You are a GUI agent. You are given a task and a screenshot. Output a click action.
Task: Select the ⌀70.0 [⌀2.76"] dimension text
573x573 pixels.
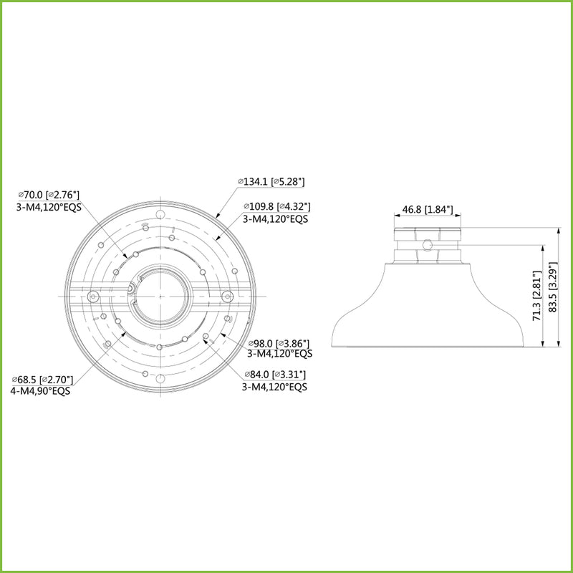click(x=49, y=194)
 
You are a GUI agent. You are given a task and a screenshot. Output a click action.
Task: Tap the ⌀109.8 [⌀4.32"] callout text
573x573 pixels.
click(x=276, y=207)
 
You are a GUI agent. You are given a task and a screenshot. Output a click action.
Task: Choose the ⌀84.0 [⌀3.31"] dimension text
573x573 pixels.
click(x=276, y=374)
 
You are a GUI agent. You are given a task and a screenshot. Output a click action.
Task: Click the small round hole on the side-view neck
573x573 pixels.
click(x=428, y=245)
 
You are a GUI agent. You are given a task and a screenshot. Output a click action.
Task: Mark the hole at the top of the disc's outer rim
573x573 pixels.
click(x=160, y=213)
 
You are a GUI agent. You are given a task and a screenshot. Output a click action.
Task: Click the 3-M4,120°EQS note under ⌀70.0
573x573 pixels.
click(x=49, y=206)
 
